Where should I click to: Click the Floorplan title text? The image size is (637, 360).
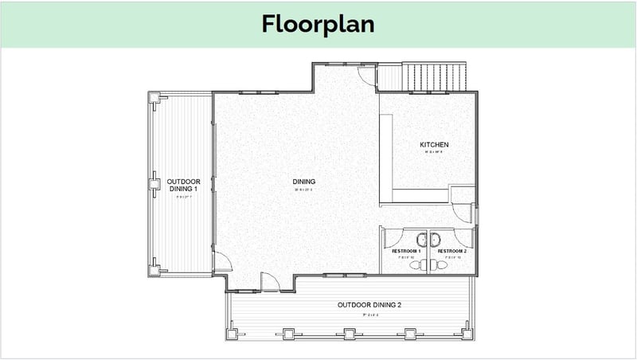pos(318,24)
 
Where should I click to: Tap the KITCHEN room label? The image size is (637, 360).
pos(435,144)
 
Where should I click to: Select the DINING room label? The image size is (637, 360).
pos(304,182)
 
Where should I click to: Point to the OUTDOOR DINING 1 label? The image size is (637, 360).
pos(183,185)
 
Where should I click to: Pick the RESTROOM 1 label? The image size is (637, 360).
pos(406,252)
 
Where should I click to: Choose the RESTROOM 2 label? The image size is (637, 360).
pos(451,252)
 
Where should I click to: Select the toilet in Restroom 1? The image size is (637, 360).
pos(419,266)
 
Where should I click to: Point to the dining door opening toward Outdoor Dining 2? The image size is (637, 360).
pos(269,280)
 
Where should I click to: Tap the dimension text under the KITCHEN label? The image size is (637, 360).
pos(435,151)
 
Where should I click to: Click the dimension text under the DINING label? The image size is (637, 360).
pos(304,190)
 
